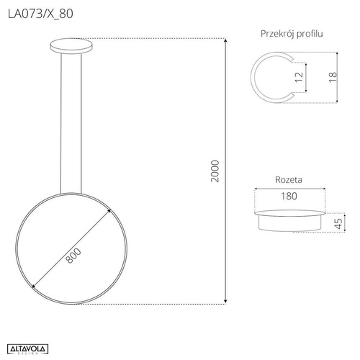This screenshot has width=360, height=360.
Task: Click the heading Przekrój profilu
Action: [x=291, y=34]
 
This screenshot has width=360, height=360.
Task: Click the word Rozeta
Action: [x=288, y=181]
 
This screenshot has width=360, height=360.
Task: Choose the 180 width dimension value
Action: [x=288, y=195]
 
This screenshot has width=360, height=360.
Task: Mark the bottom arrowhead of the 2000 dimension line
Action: [x=227, y=301]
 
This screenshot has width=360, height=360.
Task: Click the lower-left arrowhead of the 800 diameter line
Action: [x=32, y=287]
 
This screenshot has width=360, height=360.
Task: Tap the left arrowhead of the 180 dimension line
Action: [x=257, y=204]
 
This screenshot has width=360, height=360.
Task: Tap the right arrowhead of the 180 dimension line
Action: [x=320, y=204]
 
